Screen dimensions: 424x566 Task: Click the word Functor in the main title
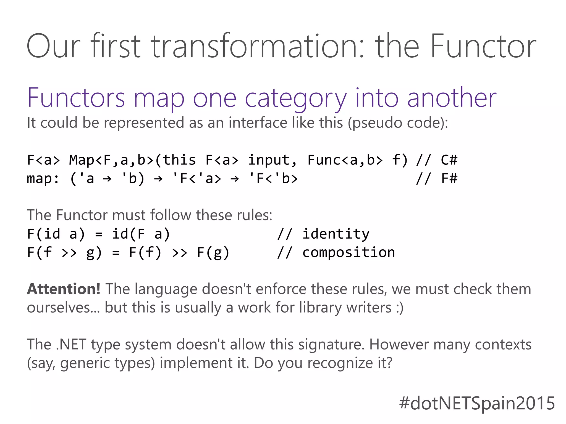click(483, 46)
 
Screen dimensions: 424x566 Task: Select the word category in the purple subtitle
click(296, 98)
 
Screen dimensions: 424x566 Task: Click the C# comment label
click(449, 160)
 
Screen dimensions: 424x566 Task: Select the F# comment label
click(449, 178)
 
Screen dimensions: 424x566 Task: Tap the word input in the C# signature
click(272, 160)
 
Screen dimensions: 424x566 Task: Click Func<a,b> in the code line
click(345, 160)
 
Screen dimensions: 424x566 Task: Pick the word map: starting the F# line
click(43, 178)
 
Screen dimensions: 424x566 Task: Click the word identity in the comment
click(336, 234)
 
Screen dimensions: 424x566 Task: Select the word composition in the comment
click(348, 252)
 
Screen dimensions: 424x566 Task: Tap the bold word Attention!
click(64, 289)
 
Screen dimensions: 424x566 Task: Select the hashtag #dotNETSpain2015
click(477, 403)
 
